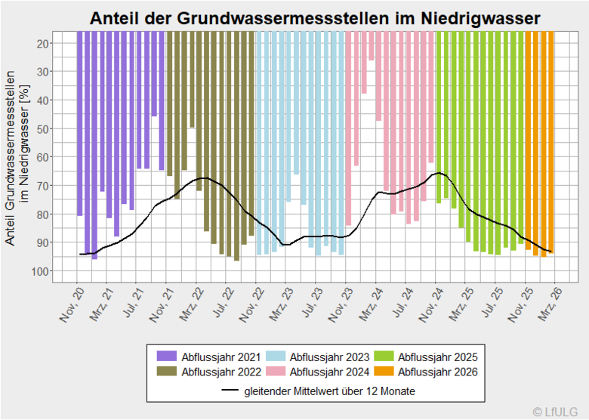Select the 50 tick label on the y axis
pyautogui.click(x=42, y=129)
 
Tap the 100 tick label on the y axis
pyautogui.click(x=39, y=271)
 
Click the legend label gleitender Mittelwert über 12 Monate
pyautogui.click(x=329, y=391)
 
